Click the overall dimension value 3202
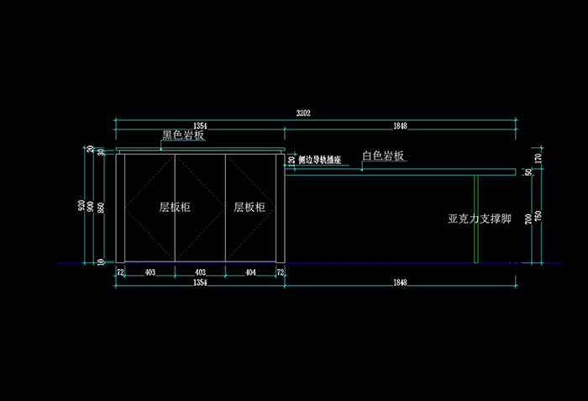point(304,113)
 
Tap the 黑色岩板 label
point(183,135)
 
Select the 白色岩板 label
point(383,156)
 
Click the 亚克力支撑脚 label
point(480,219)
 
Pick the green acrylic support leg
point(475,219)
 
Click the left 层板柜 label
point(175,207)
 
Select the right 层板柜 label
point(249,207)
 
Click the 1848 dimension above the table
point(400,126)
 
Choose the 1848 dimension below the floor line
point(400,283)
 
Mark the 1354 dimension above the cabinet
point(200,126)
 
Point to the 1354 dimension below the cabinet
point(200,283)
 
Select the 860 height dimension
point(102,208)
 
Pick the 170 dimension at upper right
point(538,157)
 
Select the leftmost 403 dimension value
point(150,273)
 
